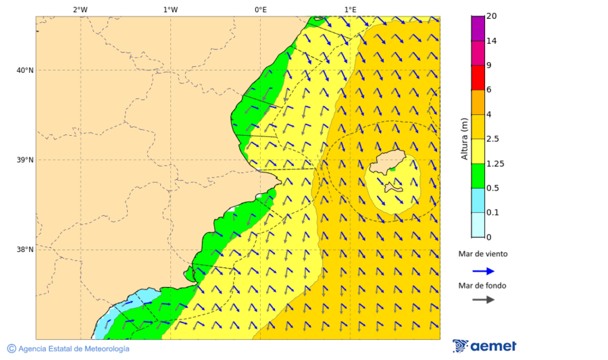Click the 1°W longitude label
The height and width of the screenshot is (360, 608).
170,9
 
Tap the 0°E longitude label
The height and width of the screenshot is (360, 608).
260,9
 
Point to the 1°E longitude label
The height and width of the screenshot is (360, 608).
350,9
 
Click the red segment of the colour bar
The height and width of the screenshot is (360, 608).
478,78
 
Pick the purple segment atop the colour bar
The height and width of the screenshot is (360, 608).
478,28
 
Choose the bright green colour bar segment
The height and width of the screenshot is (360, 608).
478,176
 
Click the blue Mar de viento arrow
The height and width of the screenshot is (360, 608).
483,271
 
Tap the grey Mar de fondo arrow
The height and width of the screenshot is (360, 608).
483,300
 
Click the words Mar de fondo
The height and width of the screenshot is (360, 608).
482,286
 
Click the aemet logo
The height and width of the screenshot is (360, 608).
484,346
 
